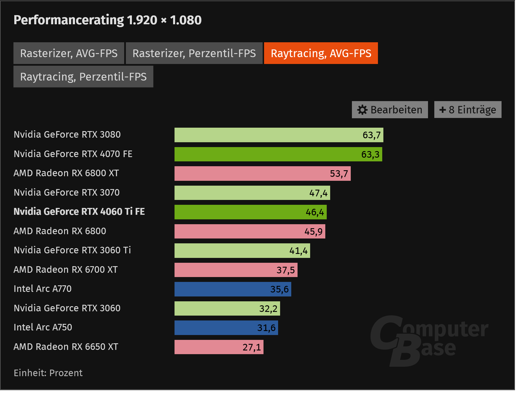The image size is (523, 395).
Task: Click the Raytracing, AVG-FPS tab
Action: pos(321,53)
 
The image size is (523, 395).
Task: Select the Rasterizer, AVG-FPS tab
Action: pos(69,53)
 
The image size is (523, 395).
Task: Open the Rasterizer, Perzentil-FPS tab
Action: pos(194,53)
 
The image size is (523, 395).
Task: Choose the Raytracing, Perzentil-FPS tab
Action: pos(83,77)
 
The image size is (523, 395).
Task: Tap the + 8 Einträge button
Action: pos(467,110)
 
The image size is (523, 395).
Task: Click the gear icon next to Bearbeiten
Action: pos(362,110)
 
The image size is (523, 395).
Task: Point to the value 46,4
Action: pos(315,212)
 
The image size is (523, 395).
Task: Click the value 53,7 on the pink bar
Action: pos(339,174)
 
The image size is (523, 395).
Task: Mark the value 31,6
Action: pos(266,328)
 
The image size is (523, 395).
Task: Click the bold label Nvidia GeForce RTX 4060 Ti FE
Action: pos(79,212)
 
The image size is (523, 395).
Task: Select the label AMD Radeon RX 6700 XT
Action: pos(66,270)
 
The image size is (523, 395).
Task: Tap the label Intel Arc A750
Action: pos(43,327)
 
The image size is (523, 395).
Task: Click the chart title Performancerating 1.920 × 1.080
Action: pos(108,20)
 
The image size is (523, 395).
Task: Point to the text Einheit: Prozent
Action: pos(48,373)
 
